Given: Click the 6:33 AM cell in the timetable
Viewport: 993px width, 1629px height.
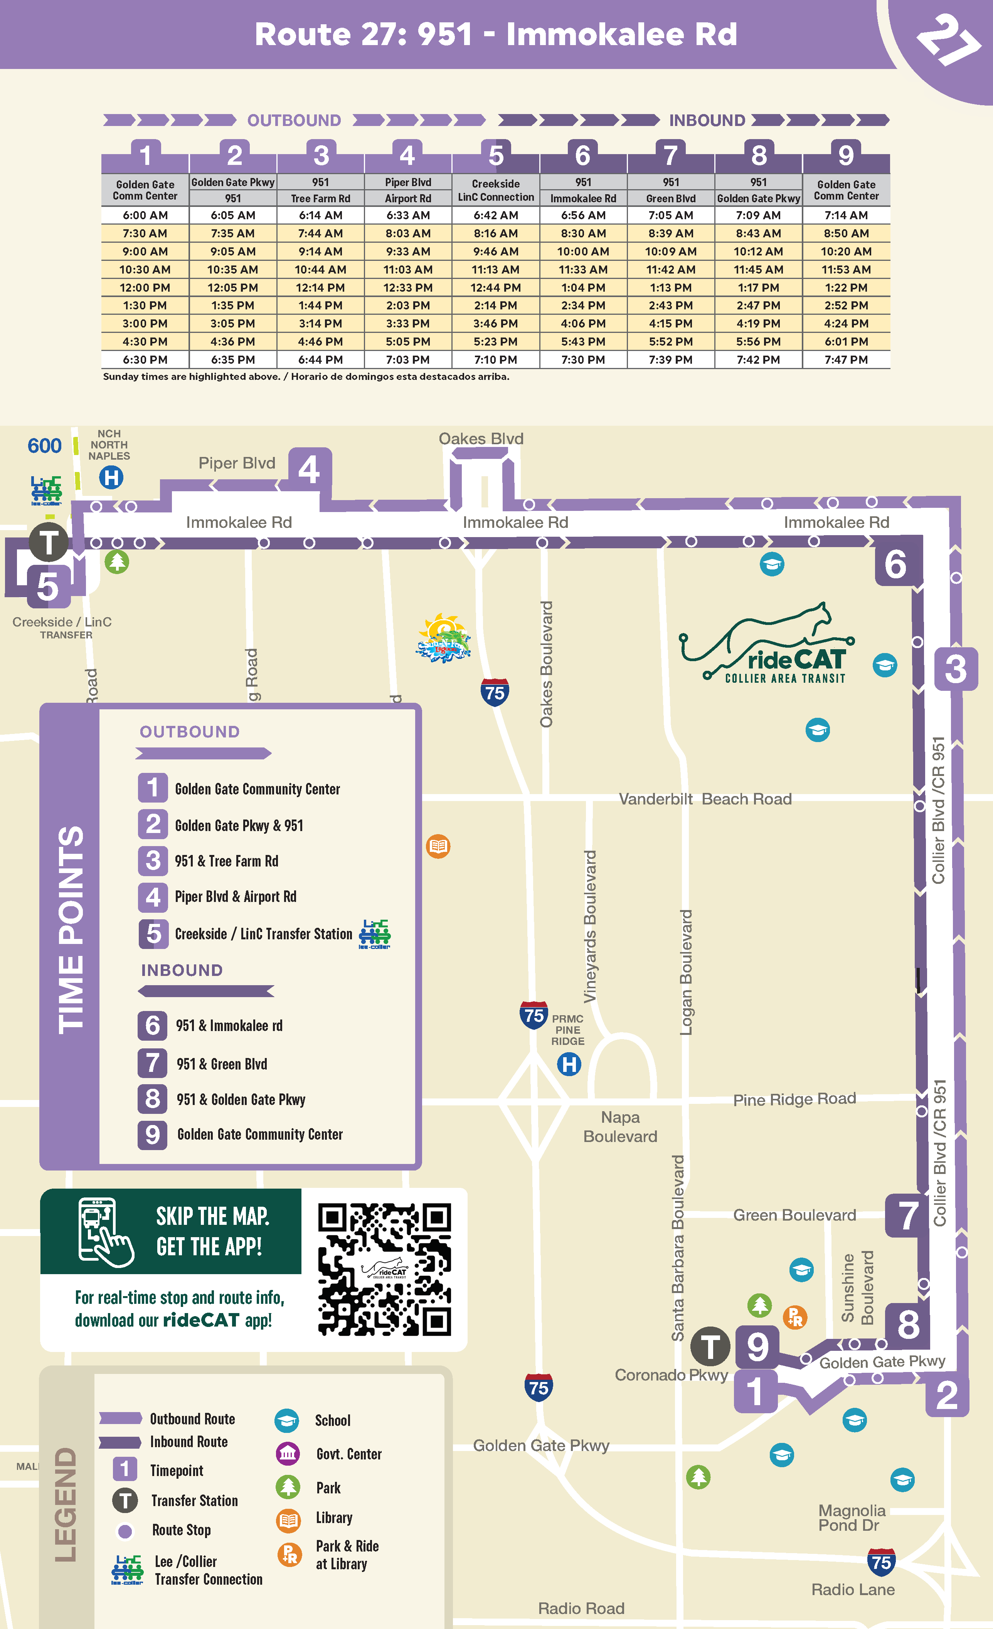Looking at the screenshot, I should (x=408, y=215).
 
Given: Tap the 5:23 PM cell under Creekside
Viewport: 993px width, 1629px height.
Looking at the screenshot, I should (x=495, y=342).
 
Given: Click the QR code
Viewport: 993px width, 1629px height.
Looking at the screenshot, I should (x=384, y=1270).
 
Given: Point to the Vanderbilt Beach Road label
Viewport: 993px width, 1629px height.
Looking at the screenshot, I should (x=705, y=799).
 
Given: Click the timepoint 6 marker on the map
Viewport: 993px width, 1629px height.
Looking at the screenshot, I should (x=896, y=564).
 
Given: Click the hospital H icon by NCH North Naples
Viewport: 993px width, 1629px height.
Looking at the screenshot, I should (x=111, y=477).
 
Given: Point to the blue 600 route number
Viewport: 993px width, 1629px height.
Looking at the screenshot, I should (x=44, y=446).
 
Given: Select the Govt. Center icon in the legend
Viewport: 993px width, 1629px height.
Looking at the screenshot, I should (x=288, y=1454).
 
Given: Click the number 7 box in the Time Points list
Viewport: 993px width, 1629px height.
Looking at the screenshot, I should (x=152, y=1063).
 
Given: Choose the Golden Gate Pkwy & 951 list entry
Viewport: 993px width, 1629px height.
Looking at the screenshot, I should (x=239, y=826).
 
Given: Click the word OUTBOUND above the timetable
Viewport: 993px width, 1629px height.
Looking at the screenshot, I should (x=294, y=120).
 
